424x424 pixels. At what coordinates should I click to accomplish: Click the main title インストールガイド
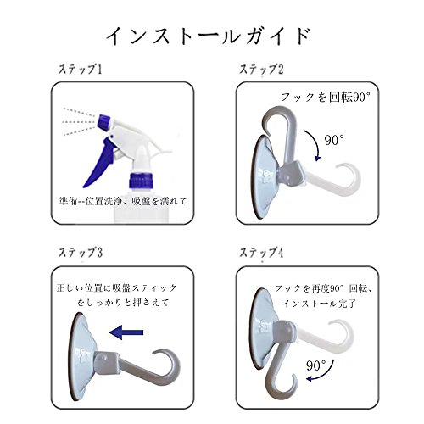coord(209,36)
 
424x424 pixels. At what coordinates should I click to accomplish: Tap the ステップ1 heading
coord(80,70)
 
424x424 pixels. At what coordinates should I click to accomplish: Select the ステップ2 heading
coord(261,70)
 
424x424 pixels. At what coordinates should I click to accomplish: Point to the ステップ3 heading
coord(80,253)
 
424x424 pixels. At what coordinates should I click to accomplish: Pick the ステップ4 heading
coord(261,253)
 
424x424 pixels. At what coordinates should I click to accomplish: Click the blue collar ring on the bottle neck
coord(142,180)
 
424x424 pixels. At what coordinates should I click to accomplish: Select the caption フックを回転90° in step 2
coord(326,98)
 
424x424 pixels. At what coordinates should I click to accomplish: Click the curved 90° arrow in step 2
coord(315,144)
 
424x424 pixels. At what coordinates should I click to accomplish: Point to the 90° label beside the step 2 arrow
coord(334,140)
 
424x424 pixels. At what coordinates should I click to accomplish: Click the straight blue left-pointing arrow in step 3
coord(126,332)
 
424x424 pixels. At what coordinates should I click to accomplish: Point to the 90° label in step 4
coord(316,365)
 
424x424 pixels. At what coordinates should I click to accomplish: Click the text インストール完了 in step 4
coord(320,304)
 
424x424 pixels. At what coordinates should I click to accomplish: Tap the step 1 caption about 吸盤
coord(124,201)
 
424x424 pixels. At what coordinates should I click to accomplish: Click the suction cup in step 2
coord(265,176)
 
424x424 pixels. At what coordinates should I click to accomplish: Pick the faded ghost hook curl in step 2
coord(349,179)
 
